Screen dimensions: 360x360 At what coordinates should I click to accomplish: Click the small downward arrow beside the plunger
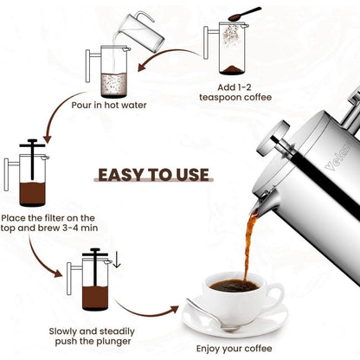tap(117, 258)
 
